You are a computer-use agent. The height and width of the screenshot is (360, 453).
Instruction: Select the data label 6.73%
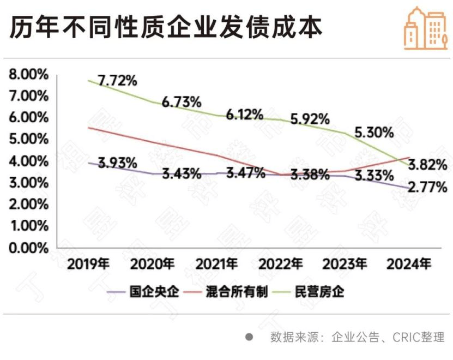(182, 101)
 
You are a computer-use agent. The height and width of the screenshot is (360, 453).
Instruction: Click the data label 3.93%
(117, 162)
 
